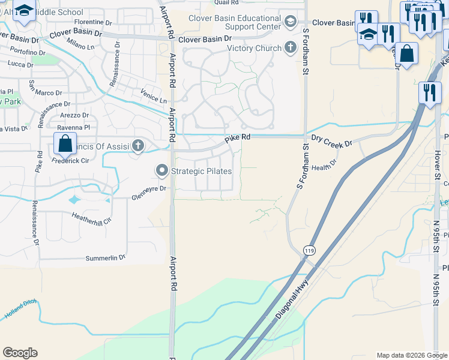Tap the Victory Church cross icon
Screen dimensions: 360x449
[x=291, y=48]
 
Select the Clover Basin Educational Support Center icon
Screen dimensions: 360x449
[x=291, y=23]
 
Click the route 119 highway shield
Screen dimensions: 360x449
[x=309, y=250]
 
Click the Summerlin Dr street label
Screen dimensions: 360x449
[x=105, y=257]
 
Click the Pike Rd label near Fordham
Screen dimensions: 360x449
[x=238, y=139]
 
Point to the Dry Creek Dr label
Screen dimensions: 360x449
[x=330, y=141]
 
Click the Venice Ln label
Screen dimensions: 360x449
[x=154, y=98]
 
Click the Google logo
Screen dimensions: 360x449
[x=20, y=353]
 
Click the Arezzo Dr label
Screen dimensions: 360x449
[x=74, y=115]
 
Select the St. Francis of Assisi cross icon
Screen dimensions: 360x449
[x=138, y=145]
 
